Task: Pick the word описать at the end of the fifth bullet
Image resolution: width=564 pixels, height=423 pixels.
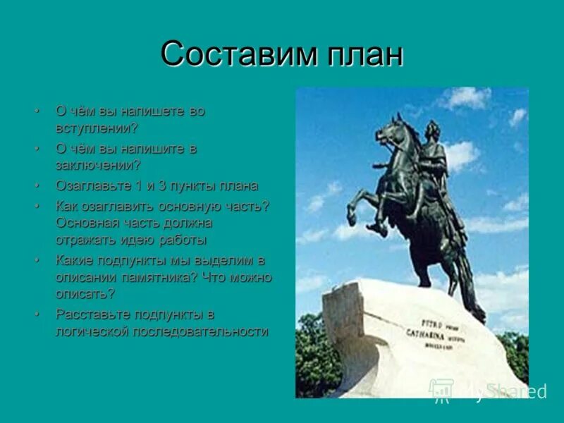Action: coord(85,294)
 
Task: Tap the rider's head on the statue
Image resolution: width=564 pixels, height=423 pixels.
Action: coord(431,129)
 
